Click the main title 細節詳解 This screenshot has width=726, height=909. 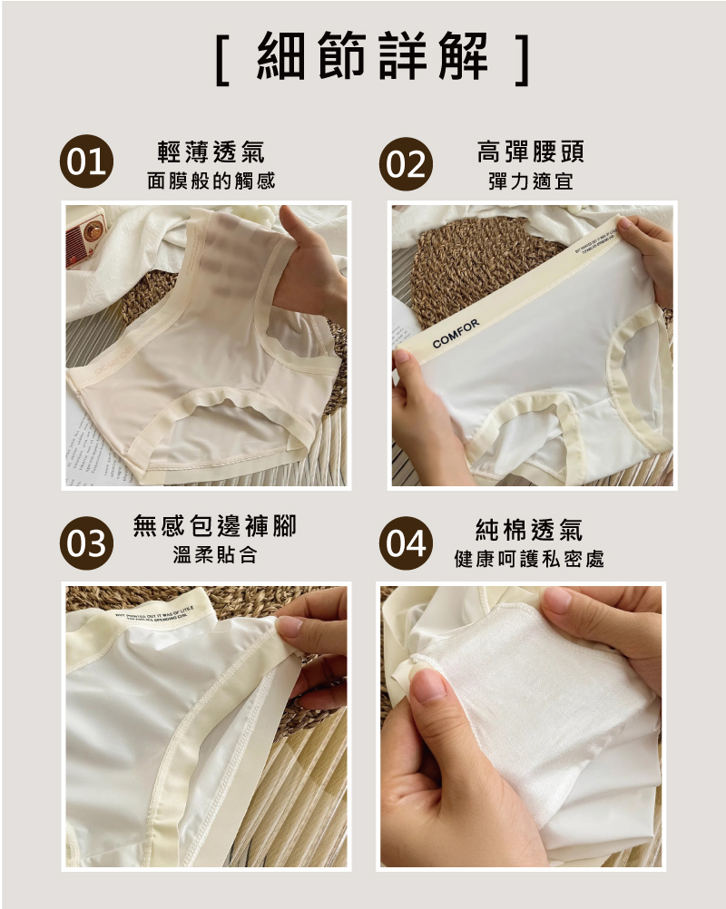click(372, 59)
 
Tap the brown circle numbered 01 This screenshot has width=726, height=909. click(85, 164)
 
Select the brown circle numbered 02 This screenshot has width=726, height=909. click(405, 164)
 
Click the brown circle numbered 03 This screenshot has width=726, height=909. click(85, 543)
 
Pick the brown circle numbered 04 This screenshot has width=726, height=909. click(405, 543)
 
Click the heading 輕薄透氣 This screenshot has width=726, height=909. click(211, 152)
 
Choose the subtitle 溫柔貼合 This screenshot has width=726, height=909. click(215, 555)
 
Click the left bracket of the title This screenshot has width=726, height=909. click(222, 60)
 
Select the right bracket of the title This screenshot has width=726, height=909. click(521, 60)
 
